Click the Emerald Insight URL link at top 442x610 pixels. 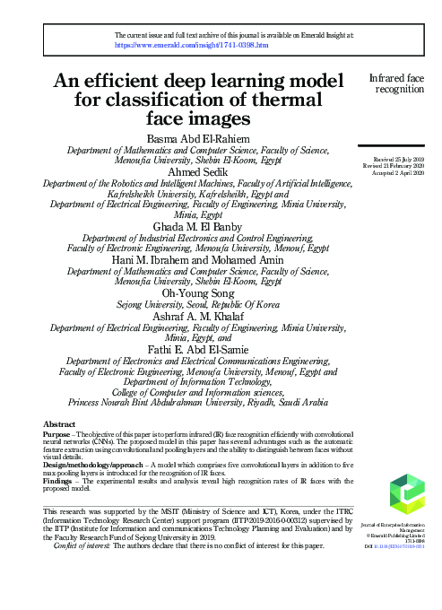(191, 44)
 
